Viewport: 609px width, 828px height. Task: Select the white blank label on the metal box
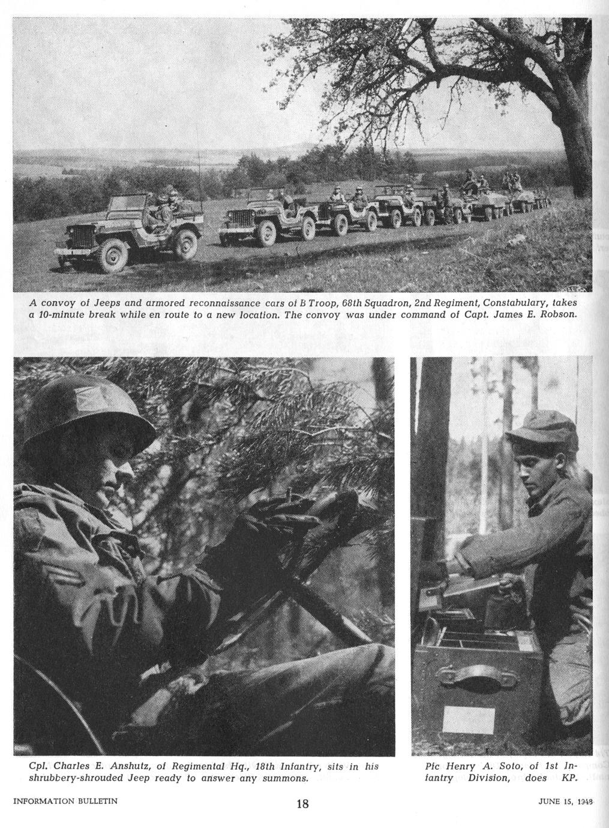(x=469, y=718)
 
